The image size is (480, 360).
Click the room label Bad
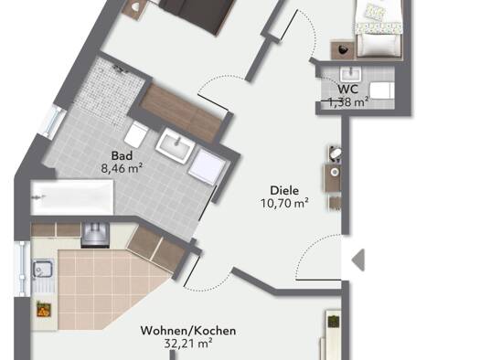pyautogui.click(x=122, y=155)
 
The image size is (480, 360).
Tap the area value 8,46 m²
pyautogui.click(x=122, y=168)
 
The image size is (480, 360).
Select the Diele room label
pyautogui.click(x=284, y=191)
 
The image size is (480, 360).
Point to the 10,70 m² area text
pyautogui.click(x=284, y=203)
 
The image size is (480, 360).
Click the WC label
pyautogui.click(x=347, y=89)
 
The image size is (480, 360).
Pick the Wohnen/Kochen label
pyautogui.click(x=188, y=331)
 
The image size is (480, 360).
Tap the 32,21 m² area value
pyautogui.click(x=188, y=344)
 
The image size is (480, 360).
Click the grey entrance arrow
pyautogui.click(x=358, y=260)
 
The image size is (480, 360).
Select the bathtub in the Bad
pyautogui.click(x=72, y=197)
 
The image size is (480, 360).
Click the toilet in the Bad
pyautogui.click(x=136, y=133)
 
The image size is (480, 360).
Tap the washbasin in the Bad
pyautogui.click(x=175, y=144)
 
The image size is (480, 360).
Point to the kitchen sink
pyautogui.click(x=43, y=270)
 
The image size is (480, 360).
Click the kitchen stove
pyautogui.click(x=95, y=235)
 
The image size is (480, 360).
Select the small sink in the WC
pyautogui.click(x=350, y=75)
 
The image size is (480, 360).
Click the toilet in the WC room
pyautogui.click(x=381, y=90)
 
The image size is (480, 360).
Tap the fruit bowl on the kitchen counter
pyautogui.click(x=43, y=309)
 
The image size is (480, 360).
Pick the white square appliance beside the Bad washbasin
pyautogui.click(x=207, y=166)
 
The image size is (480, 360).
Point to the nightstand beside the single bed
pyautogui.click(x=343, y=50)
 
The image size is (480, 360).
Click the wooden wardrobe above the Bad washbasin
pyautogui.click(x=181, y=112)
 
